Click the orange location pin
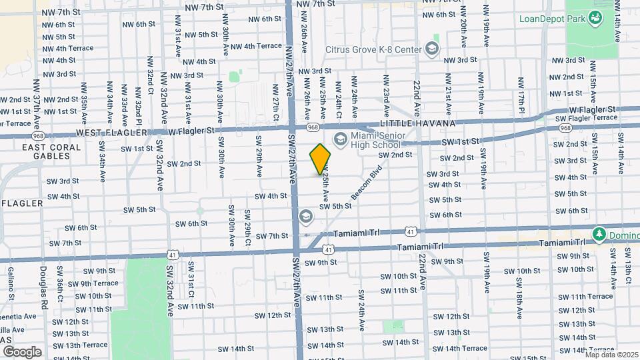tap(321, 159)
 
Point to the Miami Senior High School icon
tap(341, 139)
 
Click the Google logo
tap(21, 351)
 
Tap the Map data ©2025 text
tap(611, 355)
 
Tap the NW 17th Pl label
tap(522, 99)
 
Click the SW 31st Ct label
tap(191, 285)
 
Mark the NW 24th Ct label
tap(339, 97)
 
